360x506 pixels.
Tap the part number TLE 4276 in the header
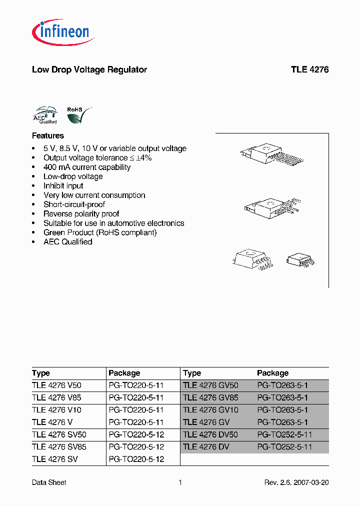click(x=309, y=70)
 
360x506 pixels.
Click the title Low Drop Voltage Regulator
click(x=89, y=70)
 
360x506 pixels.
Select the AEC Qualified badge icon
click(x=44, y=115)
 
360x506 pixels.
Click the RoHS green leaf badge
click(x=78, y=115)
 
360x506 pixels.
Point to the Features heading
click(x=48, y=135)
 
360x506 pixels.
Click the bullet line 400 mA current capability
click(x=87, y=167)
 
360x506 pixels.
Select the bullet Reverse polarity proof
click(x=81, y=214)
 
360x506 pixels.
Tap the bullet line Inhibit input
click(x=63, y=186)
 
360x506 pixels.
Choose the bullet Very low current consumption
click(x=94, y=195)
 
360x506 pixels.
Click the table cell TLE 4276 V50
click(x=56, y=385)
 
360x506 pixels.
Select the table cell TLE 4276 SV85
click(x=59, y=446)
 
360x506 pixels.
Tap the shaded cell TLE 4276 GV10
click(x=210, y=410)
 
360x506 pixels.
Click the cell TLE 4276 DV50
click(x=210, y=434)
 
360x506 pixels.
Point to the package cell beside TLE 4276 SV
click(x=136, y=459)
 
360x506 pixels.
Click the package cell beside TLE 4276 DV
click(x=284, y=446)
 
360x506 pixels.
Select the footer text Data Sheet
click(x=49, y=482)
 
